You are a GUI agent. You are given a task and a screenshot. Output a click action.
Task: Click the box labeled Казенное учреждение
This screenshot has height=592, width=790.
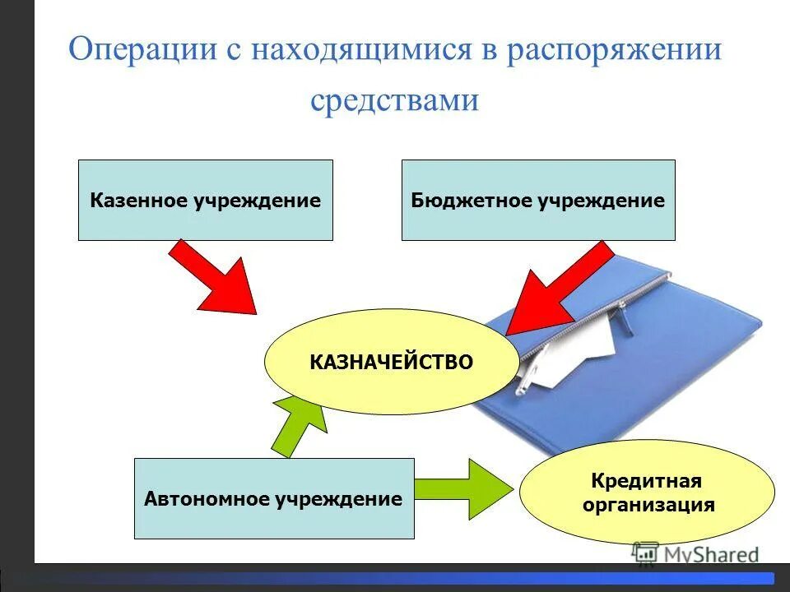pyautogui.click(x=205, y=200)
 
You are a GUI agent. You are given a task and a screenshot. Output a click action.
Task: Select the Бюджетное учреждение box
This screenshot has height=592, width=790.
pyautogui.click(x=537, y=200)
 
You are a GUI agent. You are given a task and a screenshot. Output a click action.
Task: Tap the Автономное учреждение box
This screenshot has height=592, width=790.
pyautogui.click(x=273, y=498)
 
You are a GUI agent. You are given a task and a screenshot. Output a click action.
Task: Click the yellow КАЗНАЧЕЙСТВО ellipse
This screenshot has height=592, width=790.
pyautogui.click(x=392, y=362)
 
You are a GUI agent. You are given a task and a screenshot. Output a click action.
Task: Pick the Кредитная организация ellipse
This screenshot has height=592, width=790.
pyautogui.click(x=647, y=492)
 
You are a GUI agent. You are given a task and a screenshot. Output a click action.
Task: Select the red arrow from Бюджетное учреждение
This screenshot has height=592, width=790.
pyautogui.click(x=560, y=288)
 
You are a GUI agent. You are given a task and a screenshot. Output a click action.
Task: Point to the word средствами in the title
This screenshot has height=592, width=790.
pyautogui.click(x=394, y=100)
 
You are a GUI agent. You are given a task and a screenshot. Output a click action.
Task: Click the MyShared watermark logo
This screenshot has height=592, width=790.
pyautogui.click(x=695, y=554)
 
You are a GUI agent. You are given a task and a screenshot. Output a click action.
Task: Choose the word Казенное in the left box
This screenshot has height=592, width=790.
pyautogui.click(x=138, y=200)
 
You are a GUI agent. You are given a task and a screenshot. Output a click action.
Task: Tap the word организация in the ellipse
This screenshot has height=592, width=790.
pyautogui.click(x=648, y=504)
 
